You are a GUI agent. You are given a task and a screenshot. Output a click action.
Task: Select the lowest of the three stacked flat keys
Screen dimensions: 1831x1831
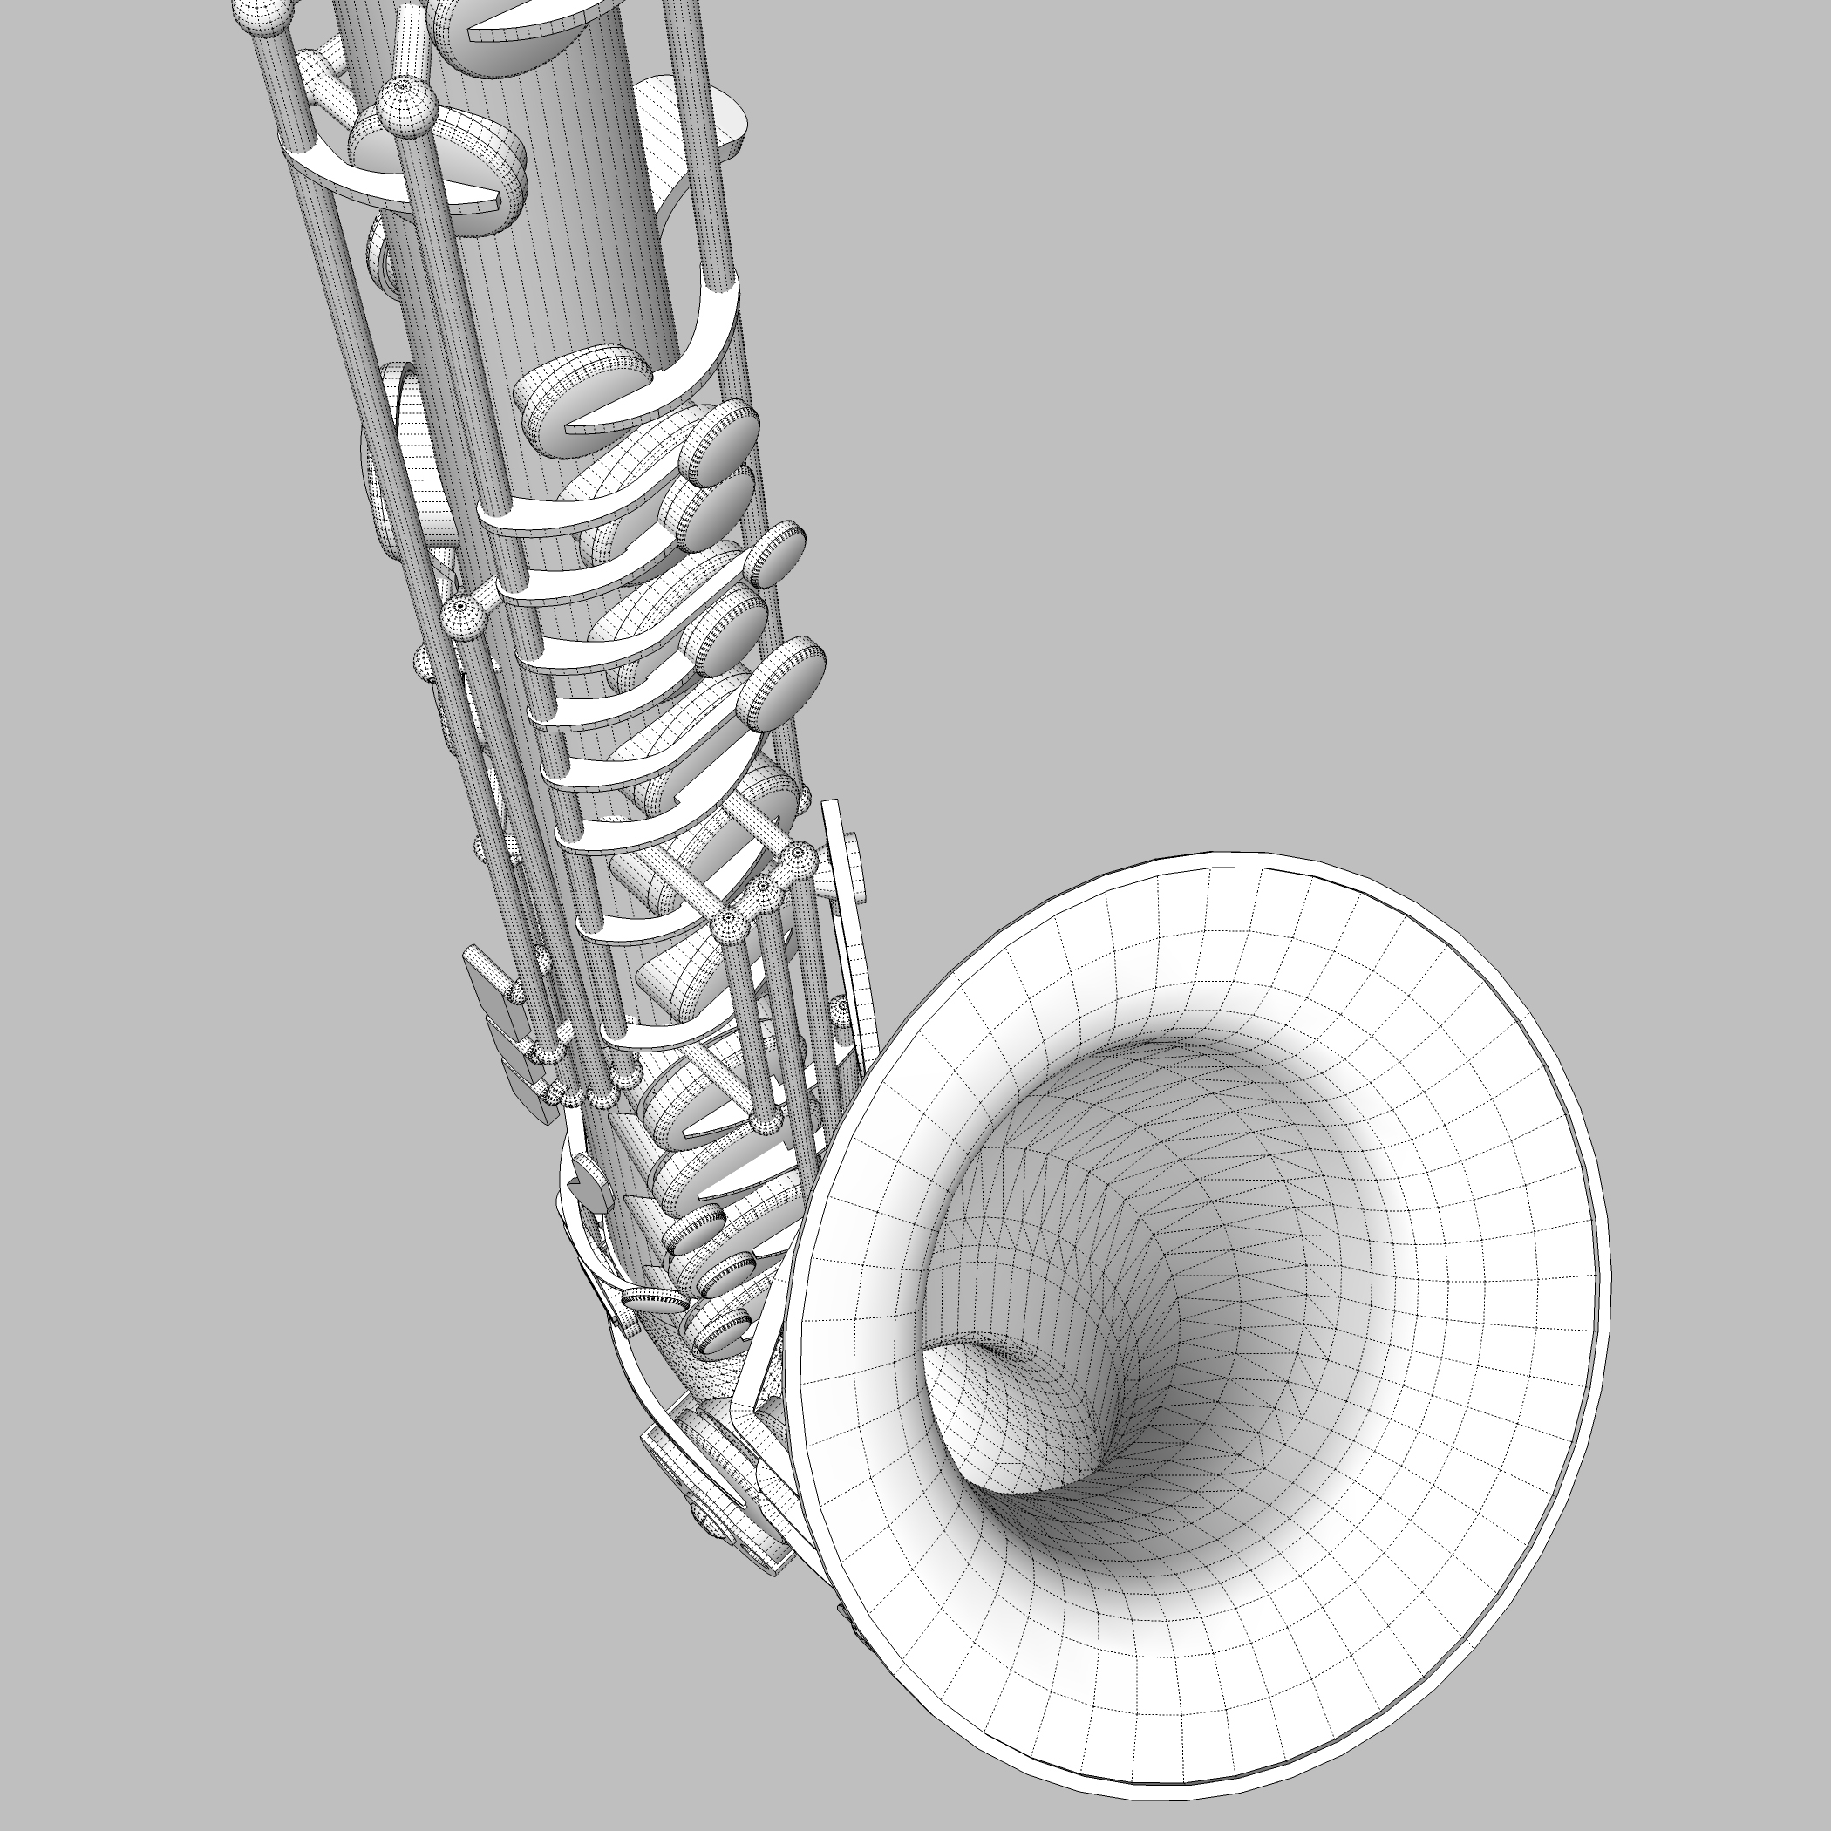pyautogui.click(x=531, y=1090)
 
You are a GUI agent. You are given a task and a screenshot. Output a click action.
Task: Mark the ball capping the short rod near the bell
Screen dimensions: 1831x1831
pyautogui.click(x=840, y=1009)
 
